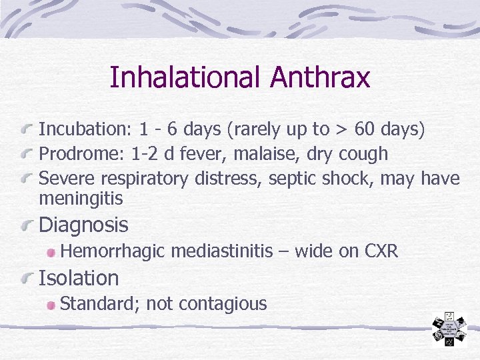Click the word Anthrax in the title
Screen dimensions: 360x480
[320, 77]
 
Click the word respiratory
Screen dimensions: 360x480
[147, 179]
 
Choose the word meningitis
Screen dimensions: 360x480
[81, 199]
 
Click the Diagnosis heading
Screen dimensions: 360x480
[83, 225]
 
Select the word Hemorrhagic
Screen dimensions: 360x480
[113, 251]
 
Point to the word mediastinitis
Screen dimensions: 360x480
[222, 251]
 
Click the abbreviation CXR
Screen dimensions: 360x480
[381, 251]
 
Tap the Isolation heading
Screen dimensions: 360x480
[79, 278]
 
